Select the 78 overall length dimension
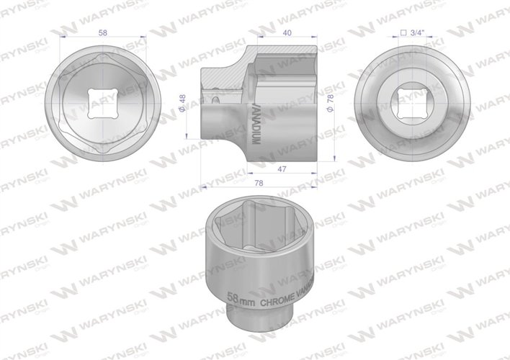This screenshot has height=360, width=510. tap(259, 183)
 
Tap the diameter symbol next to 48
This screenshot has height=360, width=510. tap(185, 109)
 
